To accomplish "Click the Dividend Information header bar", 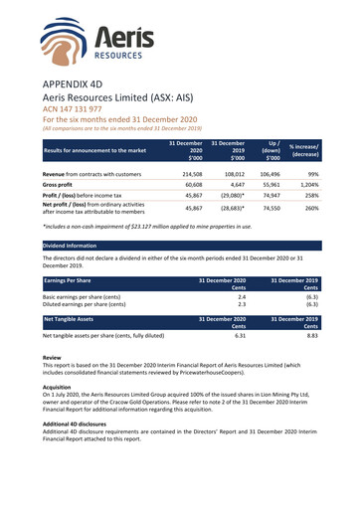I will pos(179,244).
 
